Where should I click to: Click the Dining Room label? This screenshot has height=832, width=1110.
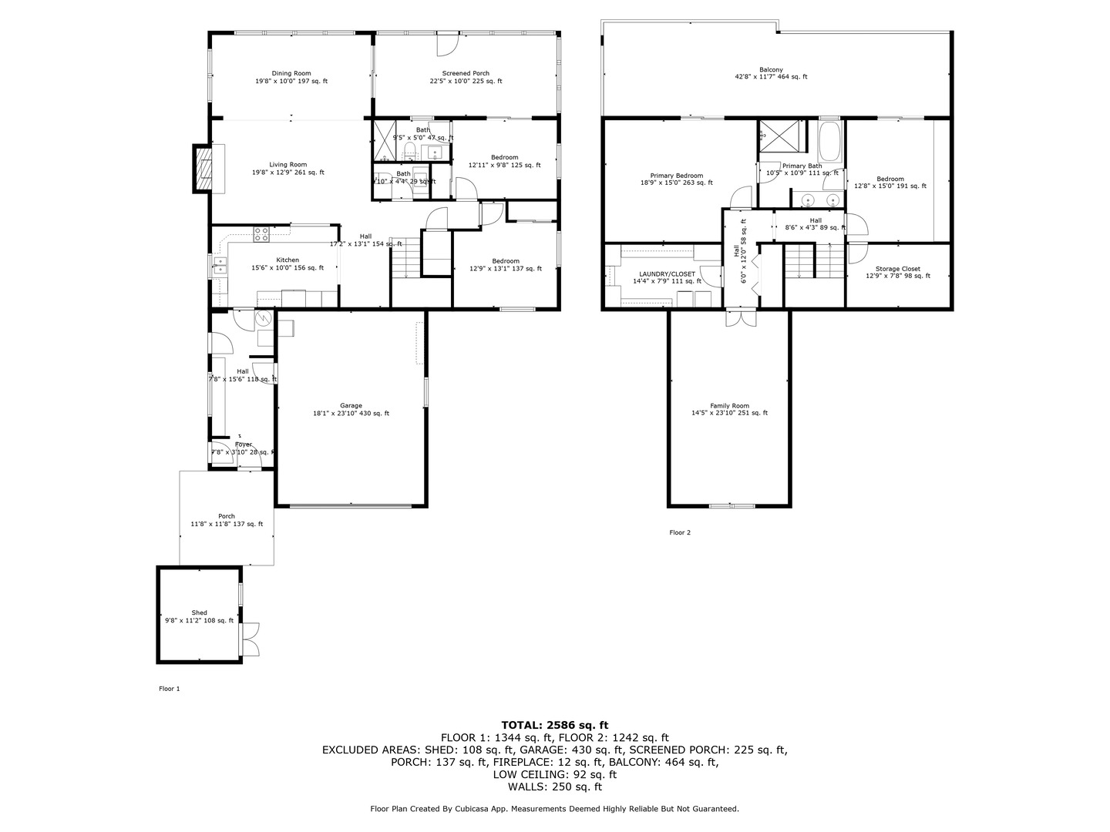point(291,73)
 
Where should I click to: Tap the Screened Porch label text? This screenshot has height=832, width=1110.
point(466,73)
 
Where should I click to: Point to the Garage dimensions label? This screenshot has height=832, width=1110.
point(351,414)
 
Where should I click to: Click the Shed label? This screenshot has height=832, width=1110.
point(199,613)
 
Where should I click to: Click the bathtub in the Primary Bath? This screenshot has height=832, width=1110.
point(830,143)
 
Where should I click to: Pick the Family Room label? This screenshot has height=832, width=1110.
point(729,406)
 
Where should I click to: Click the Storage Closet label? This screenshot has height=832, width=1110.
point(898,269)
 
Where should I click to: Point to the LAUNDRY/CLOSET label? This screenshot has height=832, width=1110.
point(667,273)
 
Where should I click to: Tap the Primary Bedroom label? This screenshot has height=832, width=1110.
point(676,176)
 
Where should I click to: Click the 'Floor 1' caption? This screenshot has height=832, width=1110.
point(169,689)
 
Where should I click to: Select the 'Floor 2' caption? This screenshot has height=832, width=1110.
point(680,532)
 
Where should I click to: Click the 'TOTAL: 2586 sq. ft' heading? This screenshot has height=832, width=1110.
point(554,725)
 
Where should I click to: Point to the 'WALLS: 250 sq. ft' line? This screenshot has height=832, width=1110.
point(554,787)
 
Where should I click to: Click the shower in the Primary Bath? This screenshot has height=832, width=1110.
point(779,137)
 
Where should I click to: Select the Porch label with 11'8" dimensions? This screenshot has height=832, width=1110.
point(226,516)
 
